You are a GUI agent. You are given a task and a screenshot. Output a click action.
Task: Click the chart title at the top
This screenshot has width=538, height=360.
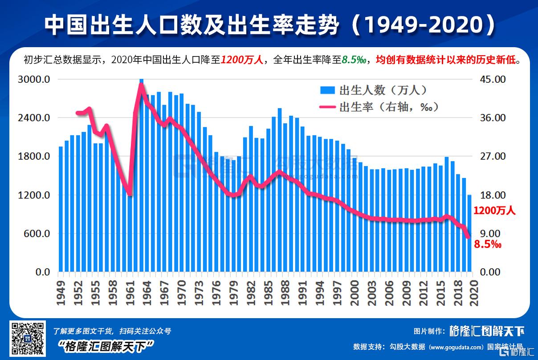point(269,25)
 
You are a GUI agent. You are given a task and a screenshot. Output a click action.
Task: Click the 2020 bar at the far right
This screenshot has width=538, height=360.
point(469,233)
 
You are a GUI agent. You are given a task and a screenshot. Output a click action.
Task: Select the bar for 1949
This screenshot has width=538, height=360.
point(61,209)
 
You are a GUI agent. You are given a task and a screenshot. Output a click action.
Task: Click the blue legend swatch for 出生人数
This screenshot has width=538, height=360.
point(327,90)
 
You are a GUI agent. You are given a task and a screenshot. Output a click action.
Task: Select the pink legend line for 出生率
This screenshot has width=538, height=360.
point(327,107)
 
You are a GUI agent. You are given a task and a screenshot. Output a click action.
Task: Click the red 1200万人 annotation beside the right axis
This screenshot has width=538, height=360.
point(494,211)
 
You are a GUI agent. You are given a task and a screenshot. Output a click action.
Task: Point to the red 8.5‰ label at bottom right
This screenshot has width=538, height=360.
point(488,244)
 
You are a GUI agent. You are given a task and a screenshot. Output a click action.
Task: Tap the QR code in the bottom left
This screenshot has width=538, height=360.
point(28,339)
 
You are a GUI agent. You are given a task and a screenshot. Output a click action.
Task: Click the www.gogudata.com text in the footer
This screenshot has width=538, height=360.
point(456,347)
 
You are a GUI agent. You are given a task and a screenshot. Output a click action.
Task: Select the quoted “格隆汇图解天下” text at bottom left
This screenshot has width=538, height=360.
point(106,346)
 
